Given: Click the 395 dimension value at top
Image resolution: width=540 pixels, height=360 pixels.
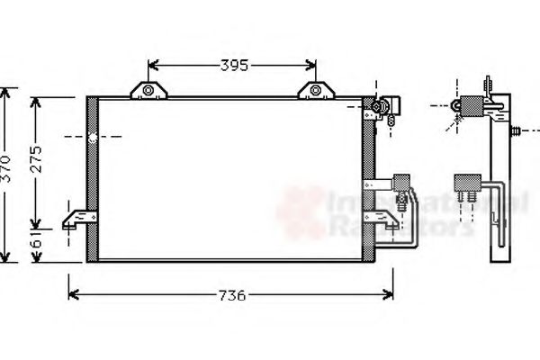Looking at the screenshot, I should pyautogui.click(x=233, y=65).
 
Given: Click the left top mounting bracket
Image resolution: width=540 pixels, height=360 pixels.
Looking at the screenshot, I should pyautogui.click(x=148, y=89).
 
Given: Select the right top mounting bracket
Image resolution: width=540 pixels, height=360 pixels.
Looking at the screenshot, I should pyautogui.click(x=315, y=89).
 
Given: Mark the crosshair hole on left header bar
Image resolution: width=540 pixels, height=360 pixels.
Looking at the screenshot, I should pyautogui.click(x=92, y=138).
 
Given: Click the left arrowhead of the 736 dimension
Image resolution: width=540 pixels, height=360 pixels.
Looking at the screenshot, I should pyautogui.click(x=73, y=294).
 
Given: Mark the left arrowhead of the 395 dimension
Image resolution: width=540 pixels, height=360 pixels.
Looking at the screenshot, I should pyautogui.click(x=152, y=65).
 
